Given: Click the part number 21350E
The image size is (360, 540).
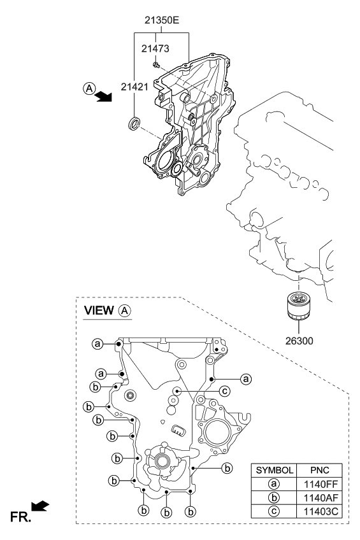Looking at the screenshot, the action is [162, 20].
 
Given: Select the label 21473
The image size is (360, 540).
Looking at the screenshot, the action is [155, 48].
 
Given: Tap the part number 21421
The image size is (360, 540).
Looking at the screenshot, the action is [134, 87].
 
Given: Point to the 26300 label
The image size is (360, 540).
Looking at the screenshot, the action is [299, 341].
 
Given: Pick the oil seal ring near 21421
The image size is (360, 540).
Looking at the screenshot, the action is [134, 124].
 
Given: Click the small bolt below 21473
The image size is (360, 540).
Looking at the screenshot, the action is [156, 64].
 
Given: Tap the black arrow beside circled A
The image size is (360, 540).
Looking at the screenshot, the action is [103, 96].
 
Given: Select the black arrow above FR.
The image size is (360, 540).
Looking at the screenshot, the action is [40, 506].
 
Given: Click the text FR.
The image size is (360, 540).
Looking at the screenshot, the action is [20, 517].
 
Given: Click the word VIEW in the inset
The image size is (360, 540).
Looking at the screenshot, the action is [99, 310].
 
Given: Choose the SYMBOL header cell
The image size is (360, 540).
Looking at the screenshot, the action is [274, 470].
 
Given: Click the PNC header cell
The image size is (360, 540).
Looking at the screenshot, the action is [319, 470].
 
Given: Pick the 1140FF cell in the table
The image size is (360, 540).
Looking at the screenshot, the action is [319, 484].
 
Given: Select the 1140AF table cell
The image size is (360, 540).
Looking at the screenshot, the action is [319, 497].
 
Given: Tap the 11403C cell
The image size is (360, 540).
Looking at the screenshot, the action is [319, 511].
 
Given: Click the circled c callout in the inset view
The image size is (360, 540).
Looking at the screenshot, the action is [225, 391].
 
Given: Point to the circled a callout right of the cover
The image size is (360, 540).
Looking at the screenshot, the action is [245, 379].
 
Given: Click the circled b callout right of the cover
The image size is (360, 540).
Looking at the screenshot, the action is [227, 468].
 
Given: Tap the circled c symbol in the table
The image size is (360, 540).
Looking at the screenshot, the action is [274, 511].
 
